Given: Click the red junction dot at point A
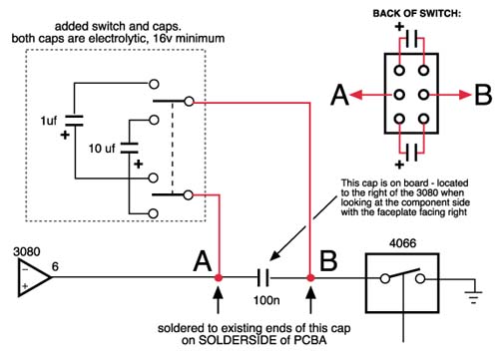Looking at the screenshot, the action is click(x=219, y=277).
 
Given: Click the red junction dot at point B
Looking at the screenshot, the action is click(x=310, y=277).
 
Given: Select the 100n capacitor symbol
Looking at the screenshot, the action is click(x=263, y=277).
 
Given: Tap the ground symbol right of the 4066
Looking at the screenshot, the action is click(x=473, y=294).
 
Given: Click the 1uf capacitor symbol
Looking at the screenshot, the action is click(x=74, y=121).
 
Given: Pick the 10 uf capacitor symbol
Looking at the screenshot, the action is click(x=129, y=148).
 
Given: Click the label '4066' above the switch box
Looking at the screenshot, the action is click(x=402, y=243).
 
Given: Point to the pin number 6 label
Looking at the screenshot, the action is click(x=55, y=266).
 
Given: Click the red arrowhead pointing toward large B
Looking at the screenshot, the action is click(x=465, y=95).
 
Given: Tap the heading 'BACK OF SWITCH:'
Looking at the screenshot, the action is click(x=416, y=14).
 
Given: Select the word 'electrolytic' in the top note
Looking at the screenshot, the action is click(x=119, y=39).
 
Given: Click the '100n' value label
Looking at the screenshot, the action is click(x=266, y=300).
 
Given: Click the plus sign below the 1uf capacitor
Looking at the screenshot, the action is click(x=65, y=135).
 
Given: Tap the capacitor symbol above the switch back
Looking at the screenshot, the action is click(x=411, y=40).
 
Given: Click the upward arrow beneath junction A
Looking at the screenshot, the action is click(x=219, y=300).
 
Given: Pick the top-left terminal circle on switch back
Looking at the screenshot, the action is click(x=399, y=71).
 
